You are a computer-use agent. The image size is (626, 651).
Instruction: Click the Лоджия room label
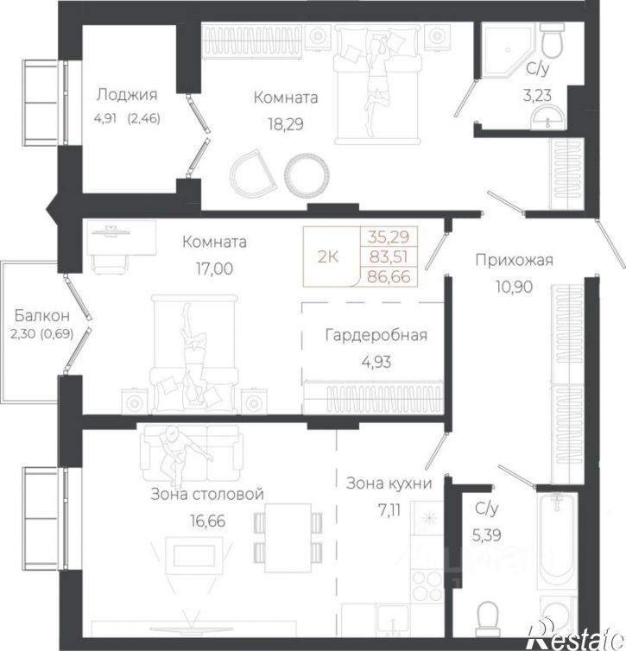click(127, 96)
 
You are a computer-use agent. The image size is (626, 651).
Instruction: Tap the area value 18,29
click(286, 124)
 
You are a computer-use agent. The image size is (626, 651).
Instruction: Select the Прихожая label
click(515, 261)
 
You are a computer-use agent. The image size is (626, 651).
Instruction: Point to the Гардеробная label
click(376, 336)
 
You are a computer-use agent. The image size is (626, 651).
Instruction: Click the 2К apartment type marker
click(328, 257)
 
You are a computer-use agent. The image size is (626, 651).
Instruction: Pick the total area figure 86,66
click(389, 276)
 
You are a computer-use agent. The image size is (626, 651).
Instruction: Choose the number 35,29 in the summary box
click(389, 237)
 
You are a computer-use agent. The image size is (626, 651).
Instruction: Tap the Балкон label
click(42, 316)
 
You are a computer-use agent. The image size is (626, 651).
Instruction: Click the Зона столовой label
click(207, 495)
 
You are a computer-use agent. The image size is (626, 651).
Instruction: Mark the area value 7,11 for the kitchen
click(389, 509)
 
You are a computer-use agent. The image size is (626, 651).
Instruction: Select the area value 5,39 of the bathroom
click(486, 535)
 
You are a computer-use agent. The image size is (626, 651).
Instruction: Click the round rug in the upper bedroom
click(307, 174)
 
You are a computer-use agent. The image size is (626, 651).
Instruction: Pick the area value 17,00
click(214, 269)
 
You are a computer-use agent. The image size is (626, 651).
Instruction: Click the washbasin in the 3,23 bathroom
click(549, 117)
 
